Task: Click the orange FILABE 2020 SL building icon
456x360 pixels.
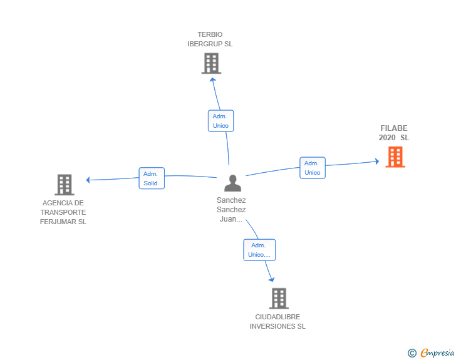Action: (x=395, y=157)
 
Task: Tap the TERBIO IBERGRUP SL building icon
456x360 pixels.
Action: (x=211, y=63)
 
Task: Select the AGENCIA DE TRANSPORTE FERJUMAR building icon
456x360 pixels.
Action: (x=65, y=185)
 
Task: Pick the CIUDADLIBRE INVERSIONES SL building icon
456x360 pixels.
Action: (x=279, y=299)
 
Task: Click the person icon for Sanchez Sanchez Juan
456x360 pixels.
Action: (x=232, y=183)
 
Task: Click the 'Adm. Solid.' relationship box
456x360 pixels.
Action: (x=152, y=178)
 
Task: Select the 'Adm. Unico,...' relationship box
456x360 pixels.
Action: (x=259, y=250)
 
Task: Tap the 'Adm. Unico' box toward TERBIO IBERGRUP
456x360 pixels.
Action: (x=220, y=121)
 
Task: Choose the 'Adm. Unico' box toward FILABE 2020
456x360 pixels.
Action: (x=313, y=168)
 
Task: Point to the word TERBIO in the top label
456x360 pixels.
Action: (x=210, y=34)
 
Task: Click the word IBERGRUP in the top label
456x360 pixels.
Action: (x=204, y=44)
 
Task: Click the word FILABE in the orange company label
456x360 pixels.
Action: (x=394, y=128)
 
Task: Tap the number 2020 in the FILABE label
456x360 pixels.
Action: (x=387, y=138)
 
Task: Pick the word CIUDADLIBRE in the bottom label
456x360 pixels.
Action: (x=277, y=317)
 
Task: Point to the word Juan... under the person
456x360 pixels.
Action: (x=231, y=219)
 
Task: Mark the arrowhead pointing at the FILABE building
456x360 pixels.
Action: (x=376, y=162)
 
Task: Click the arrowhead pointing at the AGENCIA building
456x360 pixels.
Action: (x=88, y=180)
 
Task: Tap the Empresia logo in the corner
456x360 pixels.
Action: (x=437, y=353)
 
